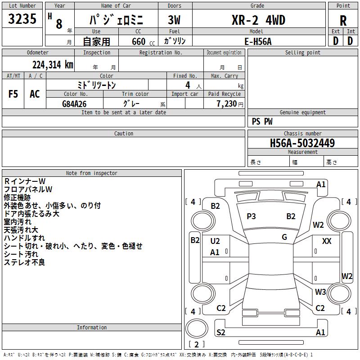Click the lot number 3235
(22, 19)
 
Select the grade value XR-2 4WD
(258, 20)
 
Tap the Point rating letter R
(343, 21)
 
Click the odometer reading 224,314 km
(53, 65)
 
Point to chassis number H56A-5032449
(302, 143)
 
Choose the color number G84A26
(74, 104)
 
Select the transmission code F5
(13, 94)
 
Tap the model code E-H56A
(258, 41)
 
